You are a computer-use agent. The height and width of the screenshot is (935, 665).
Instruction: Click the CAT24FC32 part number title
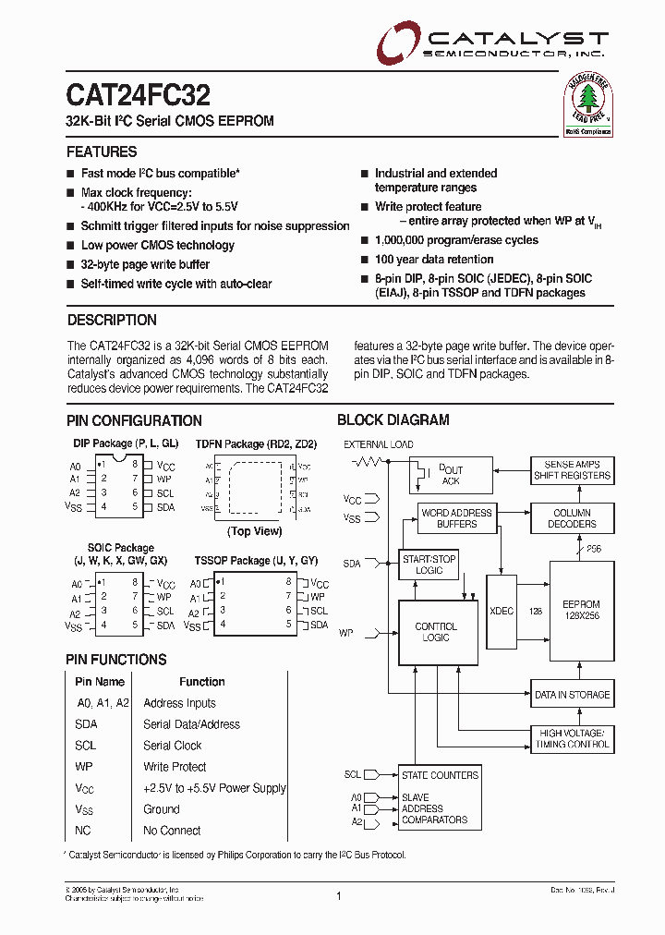point(138,95)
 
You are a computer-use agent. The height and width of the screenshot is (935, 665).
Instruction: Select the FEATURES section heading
point(102,152)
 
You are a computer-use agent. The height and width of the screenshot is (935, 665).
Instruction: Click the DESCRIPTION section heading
point(112,320)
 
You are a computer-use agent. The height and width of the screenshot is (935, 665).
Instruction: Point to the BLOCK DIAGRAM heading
point(393,419)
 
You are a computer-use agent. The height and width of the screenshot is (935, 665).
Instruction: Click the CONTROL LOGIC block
point(435,632)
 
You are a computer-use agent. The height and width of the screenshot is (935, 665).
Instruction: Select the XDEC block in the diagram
point(501,611)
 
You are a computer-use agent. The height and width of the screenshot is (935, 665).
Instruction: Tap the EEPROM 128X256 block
point(581,610)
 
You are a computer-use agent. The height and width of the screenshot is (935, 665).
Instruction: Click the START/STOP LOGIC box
point(429,565)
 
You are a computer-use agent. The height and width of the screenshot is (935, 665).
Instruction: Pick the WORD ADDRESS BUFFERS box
point(456,518)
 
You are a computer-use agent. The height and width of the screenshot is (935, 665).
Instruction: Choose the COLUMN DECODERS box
point(572,518)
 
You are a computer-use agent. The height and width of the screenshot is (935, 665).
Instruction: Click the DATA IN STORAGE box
point(572,695)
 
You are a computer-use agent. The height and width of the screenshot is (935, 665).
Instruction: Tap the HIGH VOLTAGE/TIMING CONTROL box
point(573,738)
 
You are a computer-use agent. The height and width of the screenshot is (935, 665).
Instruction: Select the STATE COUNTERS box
point(439,775)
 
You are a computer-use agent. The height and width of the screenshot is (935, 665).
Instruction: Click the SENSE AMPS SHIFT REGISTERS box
point(572,469)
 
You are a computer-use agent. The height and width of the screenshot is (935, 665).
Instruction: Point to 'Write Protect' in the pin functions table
point(175,767)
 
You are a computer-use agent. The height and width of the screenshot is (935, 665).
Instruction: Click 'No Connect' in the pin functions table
point(172,831)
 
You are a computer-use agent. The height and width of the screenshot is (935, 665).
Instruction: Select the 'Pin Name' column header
point(100,682)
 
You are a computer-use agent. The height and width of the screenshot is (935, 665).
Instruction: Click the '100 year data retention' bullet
point(434,260)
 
